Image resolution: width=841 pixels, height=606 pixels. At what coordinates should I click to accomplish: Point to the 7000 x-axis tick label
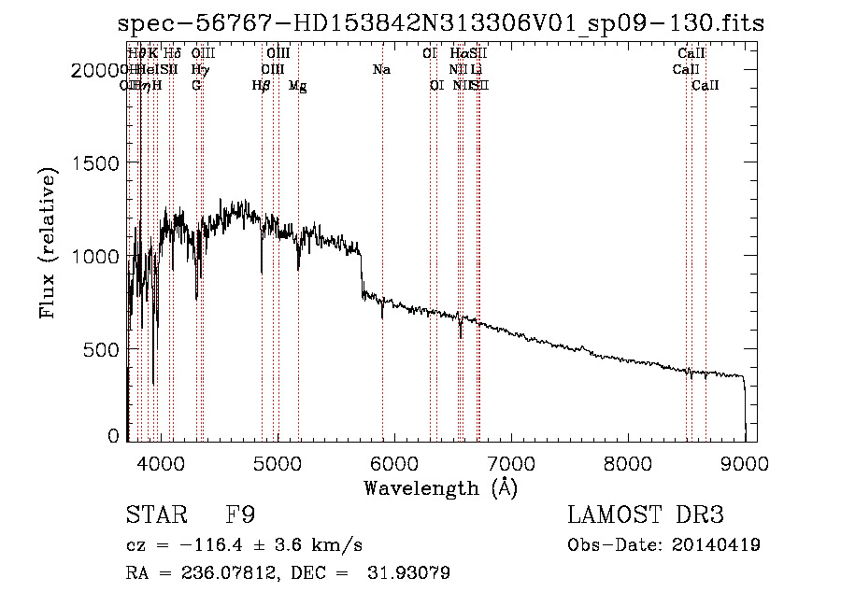(510, 462)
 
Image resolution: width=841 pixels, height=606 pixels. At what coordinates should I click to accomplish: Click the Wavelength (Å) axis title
(440, 487)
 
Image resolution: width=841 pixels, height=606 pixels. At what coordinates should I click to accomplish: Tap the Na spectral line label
(381, 69)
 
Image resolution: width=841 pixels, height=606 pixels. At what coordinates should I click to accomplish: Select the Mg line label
(297, 86)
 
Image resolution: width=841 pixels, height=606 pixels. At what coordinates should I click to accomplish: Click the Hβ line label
(261, 86)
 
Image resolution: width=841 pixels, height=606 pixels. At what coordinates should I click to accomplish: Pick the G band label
(196, 86)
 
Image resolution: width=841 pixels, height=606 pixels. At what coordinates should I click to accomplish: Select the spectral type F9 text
(240, 515)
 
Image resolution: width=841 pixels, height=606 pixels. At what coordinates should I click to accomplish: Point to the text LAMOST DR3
(646, 515)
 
